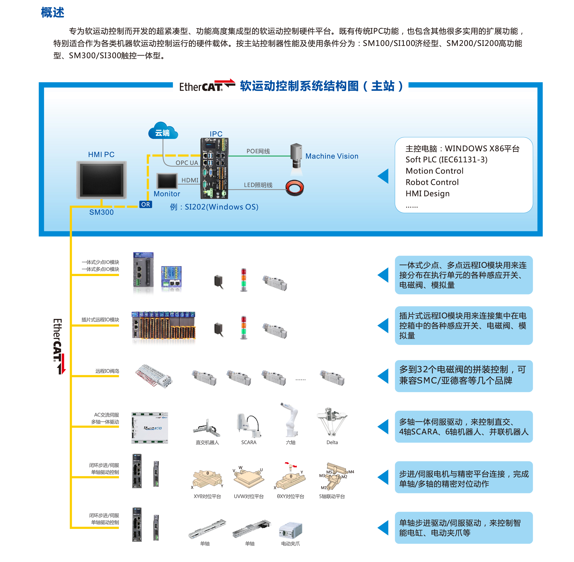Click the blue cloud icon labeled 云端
coord(163,131)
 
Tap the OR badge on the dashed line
coord(145,204)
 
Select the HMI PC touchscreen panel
coord(101,180)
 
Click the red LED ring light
coord(294,187)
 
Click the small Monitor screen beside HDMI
coord(167,181)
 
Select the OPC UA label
coord(187,163)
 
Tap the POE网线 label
coord(258,151)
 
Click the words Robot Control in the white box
coord(432,182)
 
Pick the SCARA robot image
coord(249,426)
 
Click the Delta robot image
coord(332,422)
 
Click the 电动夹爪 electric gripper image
coord(290,530)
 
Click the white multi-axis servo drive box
coord(150,428)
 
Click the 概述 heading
coord(52,13)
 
